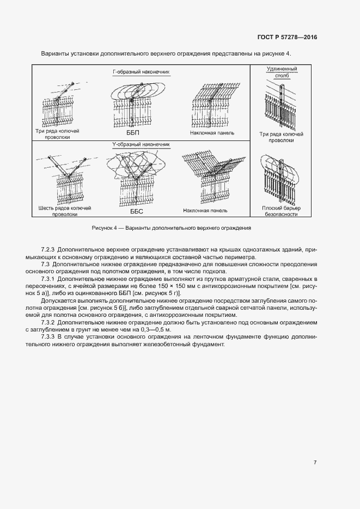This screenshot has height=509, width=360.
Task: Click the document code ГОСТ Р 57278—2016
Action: pyautogui.click(x=286, y=38)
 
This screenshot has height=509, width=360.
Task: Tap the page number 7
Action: pyautogui.click(x=315, y=463)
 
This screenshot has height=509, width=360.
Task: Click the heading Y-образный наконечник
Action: pyautogui.click(x=141, y=145)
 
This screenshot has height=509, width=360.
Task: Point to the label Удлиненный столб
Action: pyautogui.click(x=281, y=72)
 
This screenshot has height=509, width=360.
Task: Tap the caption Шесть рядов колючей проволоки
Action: pyautogui.click(x=65, y=211)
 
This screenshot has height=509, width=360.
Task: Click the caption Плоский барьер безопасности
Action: pyautogui.click(x=282, y=211)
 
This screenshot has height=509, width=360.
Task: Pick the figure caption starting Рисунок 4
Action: pyautogui.click(x=171, y=227)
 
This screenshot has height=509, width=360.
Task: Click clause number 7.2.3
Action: pyautogui.click(x=49, y=249)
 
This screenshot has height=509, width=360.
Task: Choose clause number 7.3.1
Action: pyautogui.click(x=49, y=279)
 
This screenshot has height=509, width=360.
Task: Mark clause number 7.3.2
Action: pyautogui.click(x=49, y=322)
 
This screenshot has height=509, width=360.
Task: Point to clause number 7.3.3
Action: pyautogui.click(x=49, y=337)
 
